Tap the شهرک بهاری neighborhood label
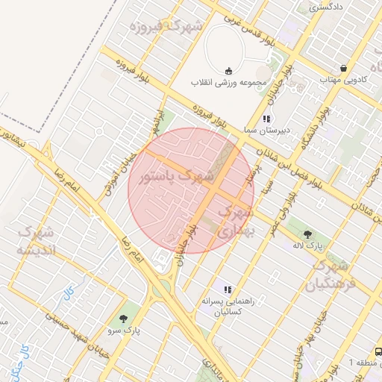(x=235, y=222)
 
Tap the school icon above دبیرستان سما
(x=266, y=119)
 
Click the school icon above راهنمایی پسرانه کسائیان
(x=228, y=289)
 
